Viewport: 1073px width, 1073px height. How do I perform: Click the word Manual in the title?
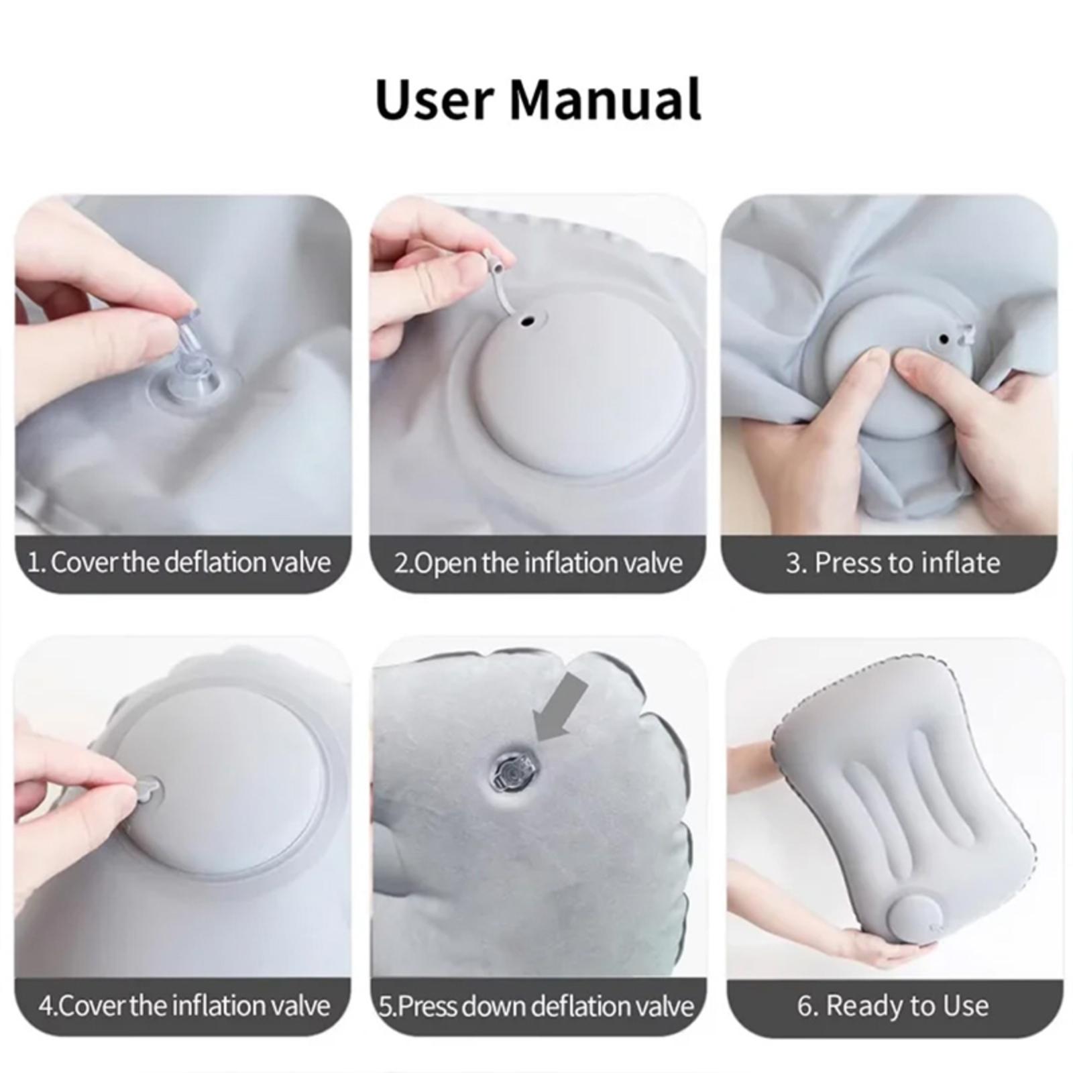pyautogui.click(x=606, y=99)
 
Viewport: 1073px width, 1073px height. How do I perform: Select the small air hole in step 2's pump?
pyautogui.click(x=529, y=322)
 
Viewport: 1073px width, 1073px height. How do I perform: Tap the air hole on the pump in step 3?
pyautogui.click(x=944, y=339)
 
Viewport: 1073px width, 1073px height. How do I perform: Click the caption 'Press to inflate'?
pyautogui.click(x=893, y=562)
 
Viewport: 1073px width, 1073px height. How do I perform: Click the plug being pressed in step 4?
pyautogui.click(x=149, y=786)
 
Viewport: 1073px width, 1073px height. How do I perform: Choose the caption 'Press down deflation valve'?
pyautogui.click(x=536, y=1006)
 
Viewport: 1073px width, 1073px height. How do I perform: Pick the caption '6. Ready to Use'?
pyautogui.click(x=893, y=1005)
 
